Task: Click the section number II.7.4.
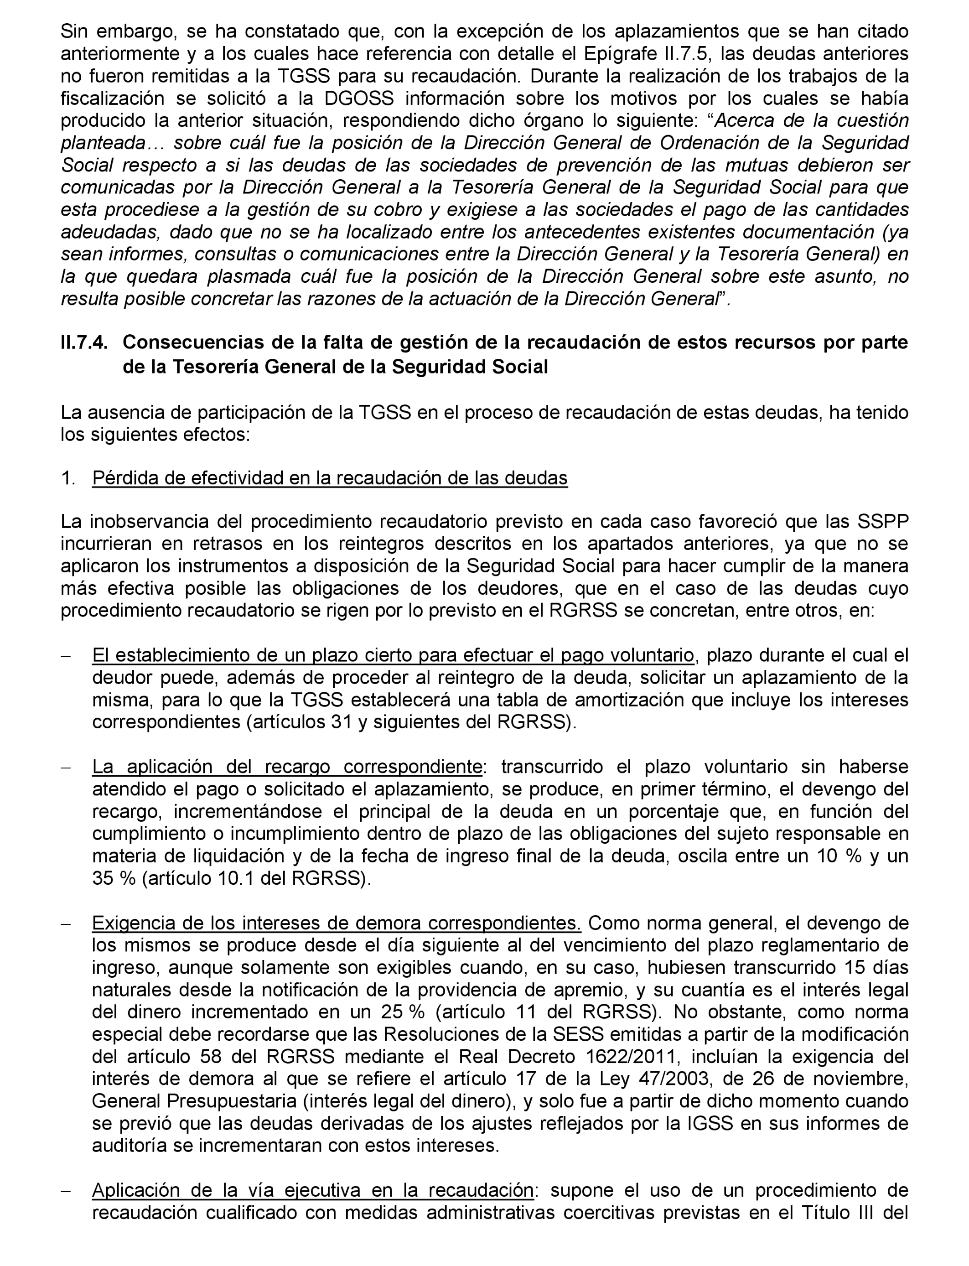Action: pos(83,342)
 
